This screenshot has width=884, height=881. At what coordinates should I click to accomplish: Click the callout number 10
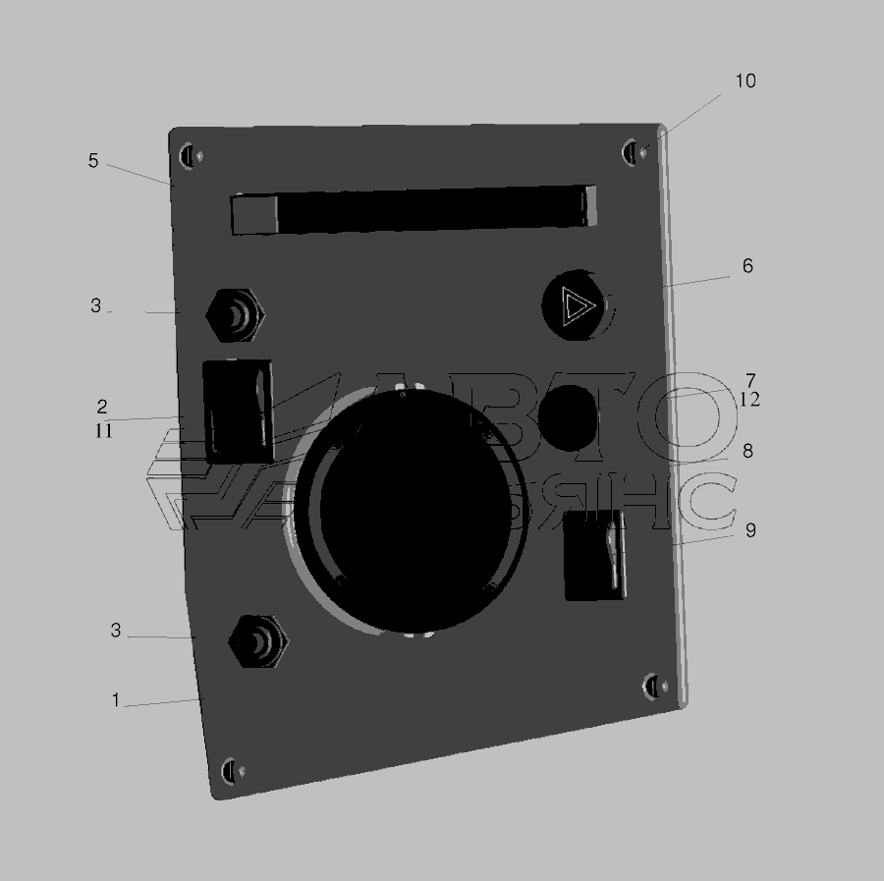tap(746, 82)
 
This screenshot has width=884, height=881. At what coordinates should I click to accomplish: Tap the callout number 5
tap(93, 161)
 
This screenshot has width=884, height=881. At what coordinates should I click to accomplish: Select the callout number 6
tap(747, 265)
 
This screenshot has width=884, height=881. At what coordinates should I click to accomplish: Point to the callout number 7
tap(750, 380)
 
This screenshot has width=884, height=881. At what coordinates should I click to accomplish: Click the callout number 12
tap(749, 400)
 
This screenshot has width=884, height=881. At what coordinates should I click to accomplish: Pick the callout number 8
tap(747, 451)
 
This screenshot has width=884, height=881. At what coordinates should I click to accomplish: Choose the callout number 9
tap(750, 530)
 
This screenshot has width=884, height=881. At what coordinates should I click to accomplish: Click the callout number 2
tap(102, 407)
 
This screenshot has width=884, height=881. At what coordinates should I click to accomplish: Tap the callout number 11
tap(103, 431)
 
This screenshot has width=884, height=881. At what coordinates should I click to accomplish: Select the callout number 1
tap(116, 700)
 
